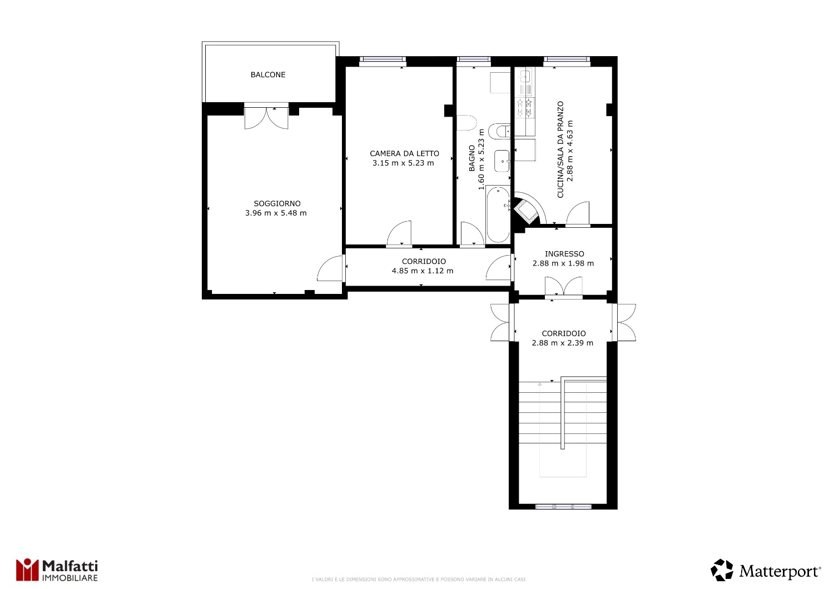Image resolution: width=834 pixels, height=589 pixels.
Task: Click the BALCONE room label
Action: [267, 75]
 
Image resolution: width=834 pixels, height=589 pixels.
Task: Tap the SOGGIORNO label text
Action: [277, 203]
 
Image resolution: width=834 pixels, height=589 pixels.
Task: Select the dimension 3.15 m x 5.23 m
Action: [403, 163]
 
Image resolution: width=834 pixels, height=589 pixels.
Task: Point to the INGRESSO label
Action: [564, 254]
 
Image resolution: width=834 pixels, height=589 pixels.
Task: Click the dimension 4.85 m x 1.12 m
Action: [423, 271]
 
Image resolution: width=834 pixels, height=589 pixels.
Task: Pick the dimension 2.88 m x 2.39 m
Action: [562, 343]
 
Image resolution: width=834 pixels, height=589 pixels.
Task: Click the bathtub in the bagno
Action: [498, 214]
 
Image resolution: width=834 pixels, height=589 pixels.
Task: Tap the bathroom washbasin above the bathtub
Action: [502, 161]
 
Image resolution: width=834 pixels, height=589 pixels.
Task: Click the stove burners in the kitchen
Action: [525, 108]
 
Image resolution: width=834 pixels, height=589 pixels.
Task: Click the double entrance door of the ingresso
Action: [563, 287]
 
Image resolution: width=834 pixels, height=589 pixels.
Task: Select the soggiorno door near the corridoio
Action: [330, 268]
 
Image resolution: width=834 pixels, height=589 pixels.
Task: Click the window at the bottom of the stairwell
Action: [563, 506]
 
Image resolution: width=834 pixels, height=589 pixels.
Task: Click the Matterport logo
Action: [766, 570]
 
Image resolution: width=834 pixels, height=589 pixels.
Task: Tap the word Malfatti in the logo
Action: [70, 566]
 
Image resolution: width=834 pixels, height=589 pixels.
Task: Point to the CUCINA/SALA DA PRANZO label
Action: [560, 149]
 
